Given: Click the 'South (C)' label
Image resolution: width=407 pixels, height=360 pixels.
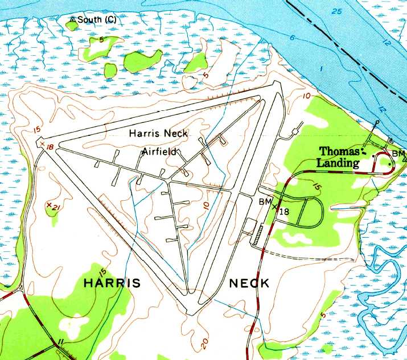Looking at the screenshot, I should tap(97, 19).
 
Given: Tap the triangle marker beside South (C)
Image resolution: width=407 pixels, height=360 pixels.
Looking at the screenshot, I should tap(73, 19).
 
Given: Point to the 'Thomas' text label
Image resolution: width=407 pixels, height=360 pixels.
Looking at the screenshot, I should tap(340, 152).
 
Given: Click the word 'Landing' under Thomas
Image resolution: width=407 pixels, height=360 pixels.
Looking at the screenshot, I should tap(339, 164).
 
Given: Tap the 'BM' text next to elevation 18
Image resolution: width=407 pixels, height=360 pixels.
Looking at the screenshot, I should tap(265, 202).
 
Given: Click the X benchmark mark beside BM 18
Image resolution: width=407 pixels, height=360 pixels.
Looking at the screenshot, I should tap(275, 207).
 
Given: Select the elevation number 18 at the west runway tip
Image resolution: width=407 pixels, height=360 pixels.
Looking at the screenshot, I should tap(50, 147).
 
